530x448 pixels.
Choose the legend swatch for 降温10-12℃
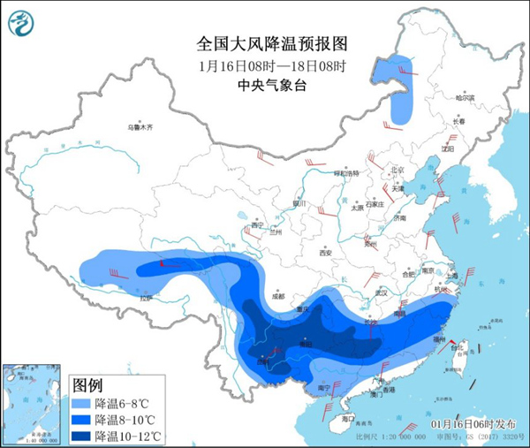click(x=82, y=435)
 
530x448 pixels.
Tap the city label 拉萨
click(x=146, y=298)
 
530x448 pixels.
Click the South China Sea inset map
click(x=34, y=401)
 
